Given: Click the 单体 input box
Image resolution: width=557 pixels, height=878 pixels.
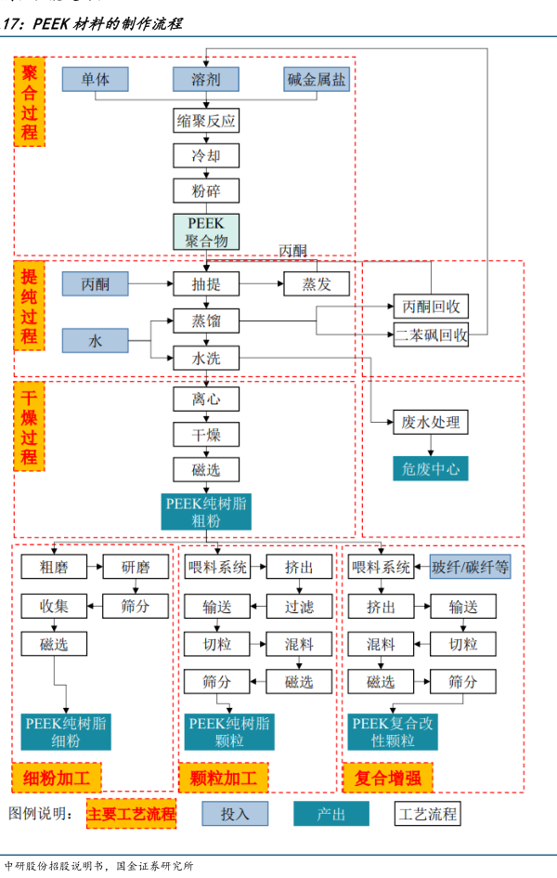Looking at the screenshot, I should (96, 80).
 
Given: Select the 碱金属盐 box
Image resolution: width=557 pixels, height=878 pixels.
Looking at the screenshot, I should (317, 80).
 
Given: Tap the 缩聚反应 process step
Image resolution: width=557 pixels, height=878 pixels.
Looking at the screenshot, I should (206, 121).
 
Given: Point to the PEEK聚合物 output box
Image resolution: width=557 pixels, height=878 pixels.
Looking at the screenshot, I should (206, 231).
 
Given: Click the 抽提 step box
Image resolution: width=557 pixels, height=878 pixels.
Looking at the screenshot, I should (206, 284).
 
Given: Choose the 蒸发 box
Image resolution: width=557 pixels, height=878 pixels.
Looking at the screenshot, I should (317, 284).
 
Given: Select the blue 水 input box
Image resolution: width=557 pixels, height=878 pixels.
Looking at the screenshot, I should (96, 341).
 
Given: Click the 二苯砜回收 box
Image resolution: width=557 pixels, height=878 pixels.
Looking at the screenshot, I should (431, 334).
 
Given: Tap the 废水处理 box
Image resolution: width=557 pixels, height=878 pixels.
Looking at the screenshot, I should (431, 423).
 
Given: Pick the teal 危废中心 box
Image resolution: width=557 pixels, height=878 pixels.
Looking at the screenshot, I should (431, 467).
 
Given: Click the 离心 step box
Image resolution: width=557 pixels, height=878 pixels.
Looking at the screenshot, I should (206, 400).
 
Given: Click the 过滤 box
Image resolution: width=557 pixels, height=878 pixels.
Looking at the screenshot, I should (299, 607).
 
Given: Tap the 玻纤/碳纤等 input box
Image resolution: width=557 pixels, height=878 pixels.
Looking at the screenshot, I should (470, 567).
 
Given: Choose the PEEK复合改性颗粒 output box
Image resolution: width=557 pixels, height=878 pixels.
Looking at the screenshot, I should (391, 732).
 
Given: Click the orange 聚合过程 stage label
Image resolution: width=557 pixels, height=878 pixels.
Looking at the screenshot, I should (30, 102).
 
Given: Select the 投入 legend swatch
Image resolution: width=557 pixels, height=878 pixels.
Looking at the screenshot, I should (235, 814).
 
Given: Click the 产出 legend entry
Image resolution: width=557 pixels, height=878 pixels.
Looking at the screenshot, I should (331, 814).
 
